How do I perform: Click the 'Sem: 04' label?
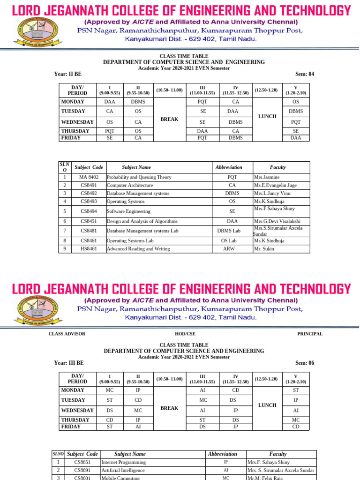point(305,74)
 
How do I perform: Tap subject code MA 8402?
point(89,177)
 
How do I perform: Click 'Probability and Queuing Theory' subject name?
point(139,177)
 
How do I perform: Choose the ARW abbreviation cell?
point(229,249)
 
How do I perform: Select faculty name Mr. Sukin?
point(264,249)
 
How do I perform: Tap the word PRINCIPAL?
point(310,334)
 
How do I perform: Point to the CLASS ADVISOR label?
point(67,334)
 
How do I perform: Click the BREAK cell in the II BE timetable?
point(169,119)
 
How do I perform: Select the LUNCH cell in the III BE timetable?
point(267,405)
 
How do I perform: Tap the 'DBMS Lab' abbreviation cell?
point(229,231)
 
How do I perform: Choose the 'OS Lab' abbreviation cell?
point(229,240)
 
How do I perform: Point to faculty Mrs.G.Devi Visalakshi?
point(277,221)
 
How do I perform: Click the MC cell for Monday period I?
point(110,390)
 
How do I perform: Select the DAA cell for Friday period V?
point(296,138)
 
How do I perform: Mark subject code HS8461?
point(89,249)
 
